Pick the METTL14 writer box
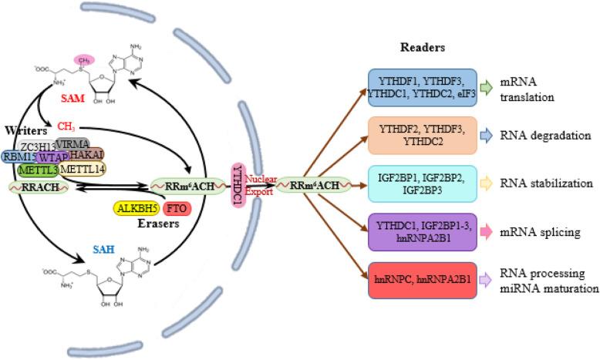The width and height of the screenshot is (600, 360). [x=83, y=169]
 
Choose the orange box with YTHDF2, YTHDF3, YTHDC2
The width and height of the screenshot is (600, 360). [x=422, y=136]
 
